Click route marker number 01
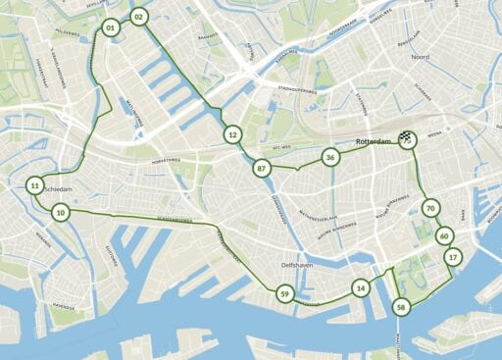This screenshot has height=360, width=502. [110, 29]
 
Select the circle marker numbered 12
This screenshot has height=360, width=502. [232, 133]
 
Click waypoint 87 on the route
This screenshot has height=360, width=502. [261, 169]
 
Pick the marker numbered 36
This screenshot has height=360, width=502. [330, 157]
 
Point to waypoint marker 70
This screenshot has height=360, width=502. [429, 208]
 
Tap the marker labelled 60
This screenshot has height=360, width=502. [444, 236]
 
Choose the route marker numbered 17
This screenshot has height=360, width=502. [452, 257]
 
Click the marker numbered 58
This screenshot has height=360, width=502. [401, 307]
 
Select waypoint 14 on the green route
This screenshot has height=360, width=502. [361, 288]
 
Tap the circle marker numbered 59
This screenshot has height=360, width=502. [284, 294]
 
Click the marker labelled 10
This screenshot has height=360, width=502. [61, 212]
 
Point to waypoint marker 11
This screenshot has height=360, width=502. [34, 185]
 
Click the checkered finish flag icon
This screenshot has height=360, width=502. [407, 140]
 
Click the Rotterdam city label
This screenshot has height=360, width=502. [373, 141]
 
